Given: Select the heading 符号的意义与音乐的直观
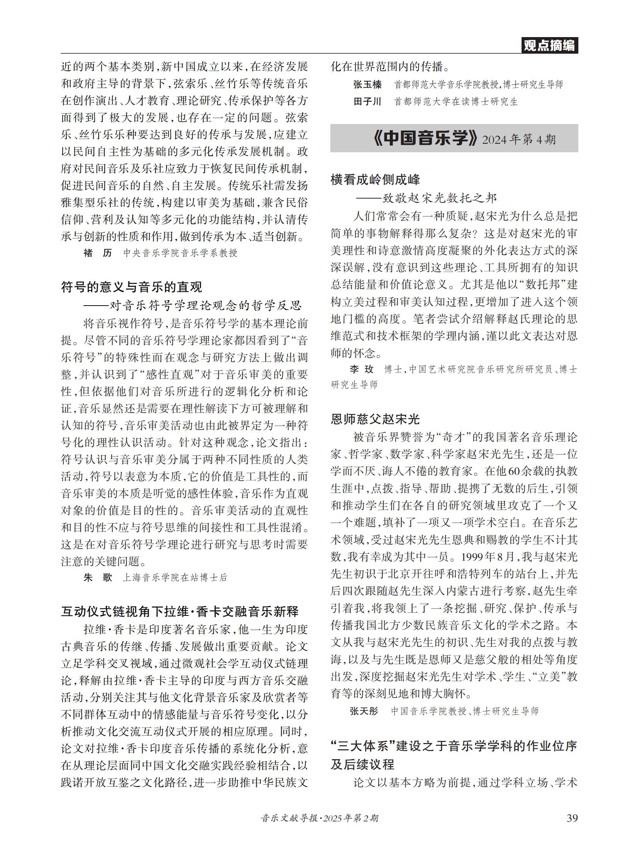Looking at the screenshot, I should (131, 287).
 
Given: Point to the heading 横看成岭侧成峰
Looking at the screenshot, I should (375, 180).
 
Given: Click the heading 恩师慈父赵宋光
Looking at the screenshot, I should (375, 419).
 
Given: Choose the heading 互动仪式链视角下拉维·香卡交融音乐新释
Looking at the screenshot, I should (180, 611).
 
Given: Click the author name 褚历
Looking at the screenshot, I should (97, 253).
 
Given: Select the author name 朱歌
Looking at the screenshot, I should (97, 578).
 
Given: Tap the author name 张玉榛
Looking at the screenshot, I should (367, 84).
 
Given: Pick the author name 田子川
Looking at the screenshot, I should (367, 102).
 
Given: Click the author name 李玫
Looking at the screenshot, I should (362, 369).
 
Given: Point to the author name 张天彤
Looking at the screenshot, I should (364, 711).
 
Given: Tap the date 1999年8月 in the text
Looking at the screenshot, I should (483, 557).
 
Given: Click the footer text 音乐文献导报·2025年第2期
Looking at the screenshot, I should (319, 818).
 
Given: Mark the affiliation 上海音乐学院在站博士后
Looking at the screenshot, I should (175, 578).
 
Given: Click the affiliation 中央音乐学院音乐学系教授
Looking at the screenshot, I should (180, 253).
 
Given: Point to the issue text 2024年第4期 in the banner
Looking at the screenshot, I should (519, 139).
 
